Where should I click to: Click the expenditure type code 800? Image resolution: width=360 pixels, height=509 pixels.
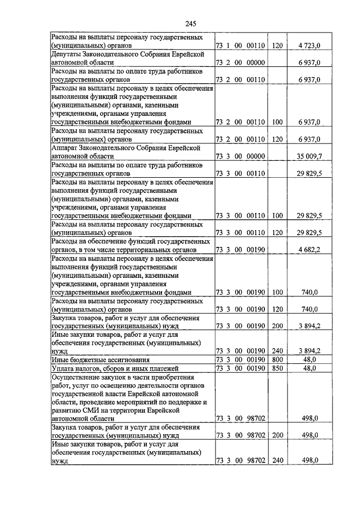pyautogui.click(x=277, y=359)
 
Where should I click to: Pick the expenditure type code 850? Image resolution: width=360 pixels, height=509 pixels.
pyautogui.click(x=277, y=368)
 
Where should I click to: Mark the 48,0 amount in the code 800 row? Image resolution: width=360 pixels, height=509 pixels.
pyautogui.click(x=310, y=359)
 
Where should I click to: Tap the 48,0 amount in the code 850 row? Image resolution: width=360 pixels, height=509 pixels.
pyautogui.click(x=310, y=368)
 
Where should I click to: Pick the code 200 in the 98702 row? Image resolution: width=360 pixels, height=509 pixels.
pyautogui.click(x=277, y=435)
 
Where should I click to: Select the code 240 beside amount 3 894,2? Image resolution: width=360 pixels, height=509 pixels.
pyautogui.click(x=277, y=350)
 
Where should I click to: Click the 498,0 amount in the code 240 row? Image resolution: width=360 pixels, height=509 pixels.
pyautogui.click(x=310, y=460)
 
